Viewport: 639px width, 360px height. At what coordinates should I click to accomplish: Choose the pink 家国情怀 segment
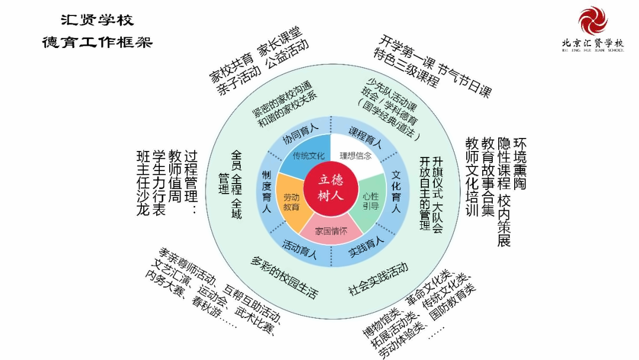point(331,231)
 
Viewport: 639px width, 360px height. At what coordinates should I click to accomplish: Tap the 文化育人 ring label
point(396,192)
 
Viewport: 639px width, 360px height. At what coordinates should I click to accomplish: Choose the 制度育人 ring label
point(266,192)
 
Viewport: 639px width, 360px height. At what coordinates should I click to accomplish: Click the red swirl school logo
point(593,20)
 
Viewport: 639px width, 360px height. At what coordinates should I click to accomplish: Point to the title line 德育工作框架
point(97,42)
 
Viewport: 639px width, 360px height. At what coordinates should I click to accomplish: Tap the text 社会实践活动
point(378,279)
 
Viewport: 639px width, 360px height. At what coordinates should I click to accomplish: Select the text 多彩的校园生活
point(284,278)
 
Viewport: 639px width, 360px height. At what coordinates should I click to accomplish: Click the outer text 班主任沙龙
point(143,183)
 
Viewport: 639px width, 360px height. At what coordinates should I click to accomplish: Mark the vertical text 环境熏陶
point(520,163)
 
